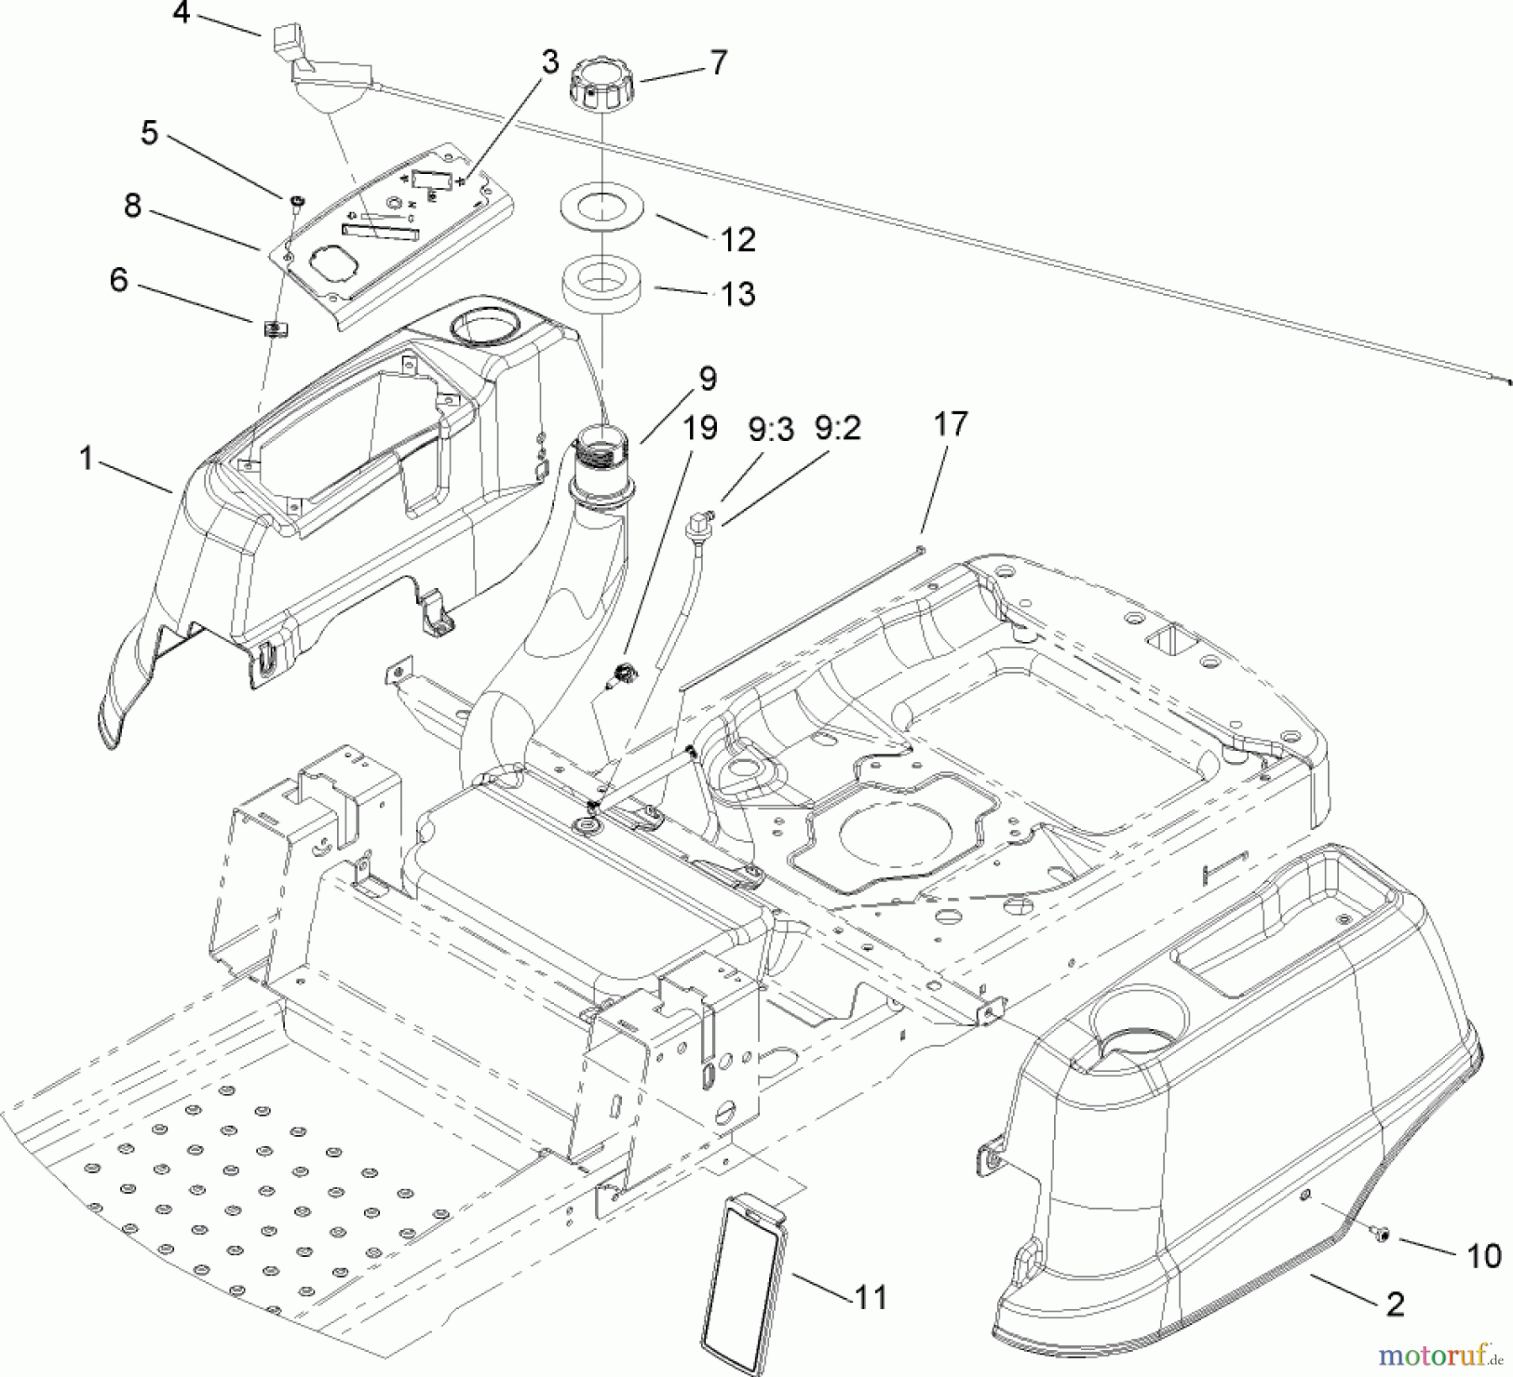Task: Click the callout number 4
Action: (182, 13)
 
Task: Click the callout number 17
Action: (951, 423)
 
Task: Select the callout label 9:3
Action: (770, 430)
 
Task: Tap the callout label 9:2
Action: (837, 428)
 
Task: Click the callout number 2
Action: (1395, 1304)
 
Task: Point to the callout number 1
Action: (86, 459)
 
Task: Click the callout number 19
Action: (699, 428)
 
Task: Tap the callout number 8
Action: (133, 206)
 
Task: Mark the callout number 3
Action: (550, 62)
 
